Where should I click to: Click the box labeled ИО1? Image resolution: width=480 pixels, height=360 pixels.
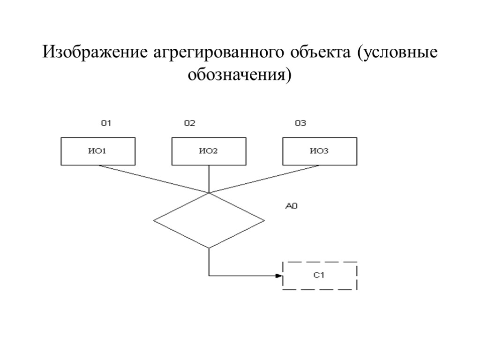point(98,151)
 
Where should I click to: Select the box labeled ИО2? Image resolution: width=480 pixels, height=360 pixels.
point(209,151)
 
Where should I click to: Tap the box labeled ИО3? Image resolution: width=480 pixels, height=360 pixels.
point(319,151)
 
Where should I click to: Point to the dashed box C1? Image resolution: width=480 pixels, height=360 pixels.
point(320,276)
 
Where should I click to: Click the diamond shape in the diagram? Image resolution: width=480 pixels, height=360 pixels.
point(209,220)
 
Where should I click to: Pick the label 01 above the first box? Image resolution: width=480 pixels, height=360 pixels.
point(106,124)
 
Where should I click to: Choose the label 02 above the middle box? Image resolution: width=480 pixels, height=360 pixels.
point(189,124)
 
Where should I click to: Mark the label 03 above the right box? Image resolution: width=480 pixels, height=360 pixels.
point(300,124)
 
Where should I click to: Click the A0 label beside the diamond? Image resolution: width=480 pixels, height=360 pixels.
point(292,205)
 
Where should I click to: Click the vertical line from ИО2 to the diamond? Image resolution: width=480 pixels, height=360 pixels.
point(209,178)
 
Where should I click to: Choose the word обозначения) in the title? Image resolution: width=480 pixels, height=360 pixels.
point(240,75)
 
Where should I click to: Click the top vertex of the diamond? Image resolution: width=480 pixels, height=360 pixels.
point(209,193)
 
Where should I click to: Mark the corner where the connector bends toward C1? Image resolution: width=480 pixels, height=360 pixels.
point(209,276)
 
